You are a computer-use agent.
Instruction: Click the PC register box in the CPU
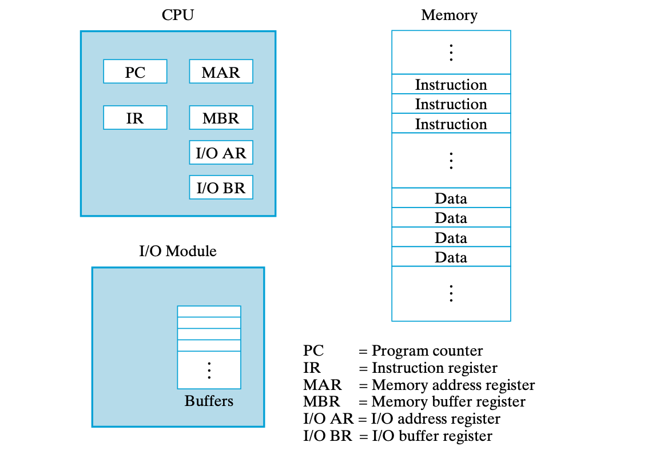coord(135,72)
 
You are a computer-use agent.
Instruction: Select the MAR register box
coord(221,72)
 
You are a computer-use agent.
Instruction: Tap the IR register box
coord(135,118)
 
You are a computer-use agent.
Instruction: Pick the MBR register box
coord(221,118)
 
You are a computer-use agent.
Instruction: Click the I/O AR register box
coord(221,153)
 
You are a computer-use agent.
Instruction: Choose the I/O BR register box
coord(221,188)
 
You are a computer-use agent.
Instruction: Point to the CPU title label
coord(177,14)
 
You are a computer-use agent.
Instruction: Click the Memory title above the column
coord(449,14)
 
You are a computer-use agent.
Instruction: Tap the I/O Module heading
coord(178,250)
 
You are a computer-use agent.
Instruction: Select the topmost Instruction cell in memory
coord(451,84)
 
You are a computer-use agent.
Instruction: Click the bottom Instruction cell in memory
coord(451,124)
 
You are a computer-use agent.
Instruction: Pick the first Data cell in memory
coord(451,198)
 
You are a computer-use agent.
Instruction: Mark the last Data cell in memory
coord(451,257)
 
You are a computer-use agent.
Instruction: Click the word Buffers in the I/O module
coord(209,401)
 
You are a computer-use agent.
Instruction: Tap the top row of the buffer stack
coord(209,311)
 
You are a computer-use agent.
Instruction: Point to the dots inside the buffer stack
coord(209,370)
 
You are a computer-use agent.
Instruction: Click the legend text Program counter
coord(427,351)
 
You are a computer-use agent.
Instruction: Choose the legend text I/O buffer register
coord(431,436)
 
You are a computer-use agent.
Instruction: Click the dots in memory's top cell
coord(451,52)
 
